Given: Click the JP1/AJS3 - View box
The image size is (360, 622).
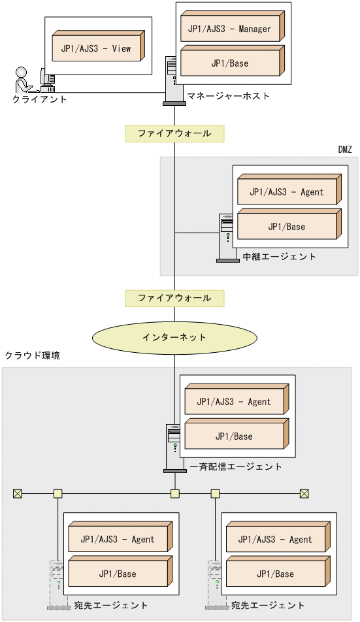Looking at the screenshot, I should point(100,49).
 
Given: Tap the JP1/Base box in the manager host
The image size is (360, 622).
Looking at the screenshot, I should point(230,63).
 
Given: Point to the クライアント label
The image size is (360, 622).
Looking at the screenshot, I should point(40,99).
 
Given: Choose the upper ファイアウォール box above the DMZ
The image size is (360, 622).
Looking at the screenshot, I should point(174,133).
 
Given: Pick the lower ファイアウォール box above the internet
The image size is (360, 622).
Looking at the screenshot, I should point(174,298).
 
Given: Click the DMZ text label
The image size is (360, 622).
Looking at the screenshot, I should point(345,150).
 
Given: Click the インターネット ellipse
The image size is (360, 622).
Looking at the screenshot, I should point(174,337).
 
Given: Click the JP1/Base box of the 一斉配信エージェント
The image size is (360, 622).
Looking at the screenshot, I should point(234,436).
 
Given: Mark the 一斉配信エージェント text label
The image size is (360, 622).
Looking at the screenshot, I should point(236,466).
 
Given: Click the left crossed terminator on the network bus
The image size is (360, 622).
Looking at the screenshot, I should point(18,493).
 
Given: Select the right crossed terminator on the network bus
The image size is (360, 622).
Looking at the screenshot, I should point(304,493).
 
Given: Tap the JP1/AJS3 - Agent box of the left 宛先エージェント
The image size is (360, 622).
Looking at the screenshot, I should point(118,539).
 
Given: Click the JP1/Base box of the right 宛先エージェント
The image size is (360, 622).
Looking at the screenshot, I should point(276,574).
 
